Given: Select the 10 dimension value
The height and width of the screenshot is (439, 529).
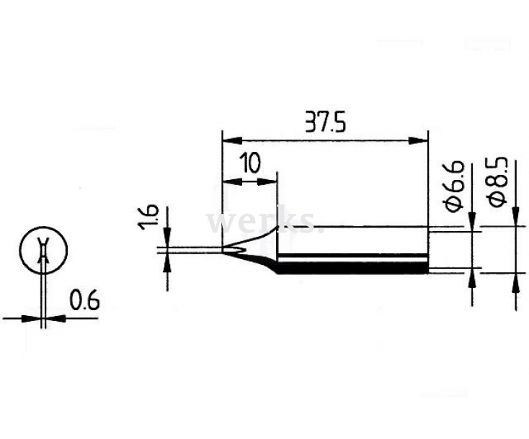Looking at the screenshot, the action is (x=250, y=163).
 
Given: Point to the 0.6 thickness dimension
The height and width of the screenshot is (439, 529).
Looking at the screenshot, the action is (x=84, y=301).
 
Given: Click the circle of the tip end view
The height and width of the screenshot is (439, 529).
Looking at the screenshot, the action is (x=43, y=250).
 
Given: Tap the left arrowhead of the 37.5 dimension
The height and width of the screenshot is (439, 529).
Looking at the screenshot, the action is (x=233, y=141).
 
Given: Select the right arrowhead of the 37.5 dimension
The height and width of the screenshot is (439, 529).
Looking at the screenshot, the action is (x=418, y=141).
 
